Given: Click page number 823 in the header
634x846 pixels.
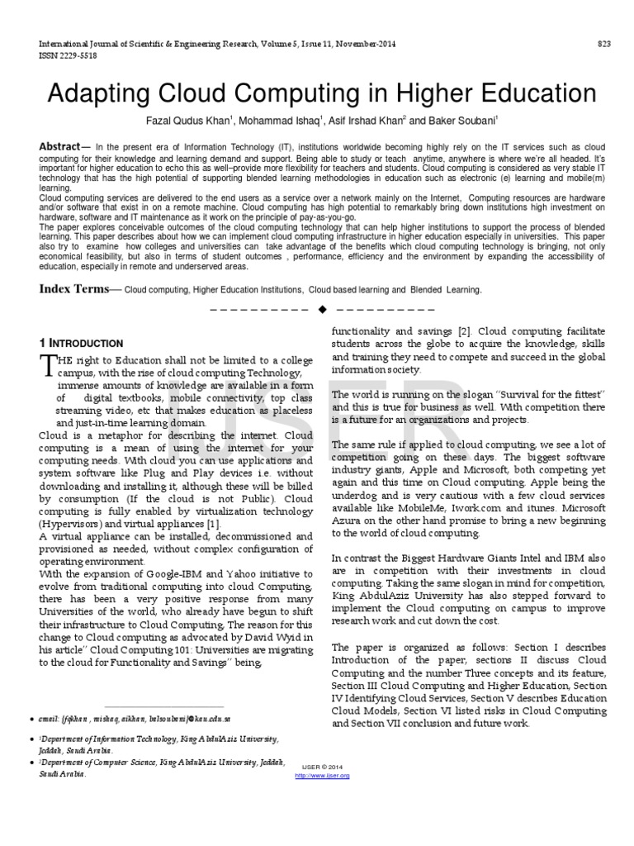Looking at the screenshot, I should (x=604, y=44).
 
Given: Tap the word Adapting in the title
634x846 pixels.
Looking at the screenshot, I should (x=99, y=93).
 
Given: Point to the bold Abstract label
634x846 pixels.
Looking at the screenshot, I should (x=59, y=146).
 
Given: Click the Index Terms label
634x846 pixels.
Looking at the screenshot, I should (x=74, y=289).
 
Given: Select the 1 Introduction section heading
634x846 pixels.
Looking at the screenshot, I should (x=82, y=343).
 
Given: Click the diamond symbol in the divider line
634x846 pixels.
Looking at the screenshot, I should (x=323, y=308).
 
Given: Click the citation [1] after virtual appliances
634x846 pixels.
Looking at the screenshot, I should (x=213, y=524).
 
